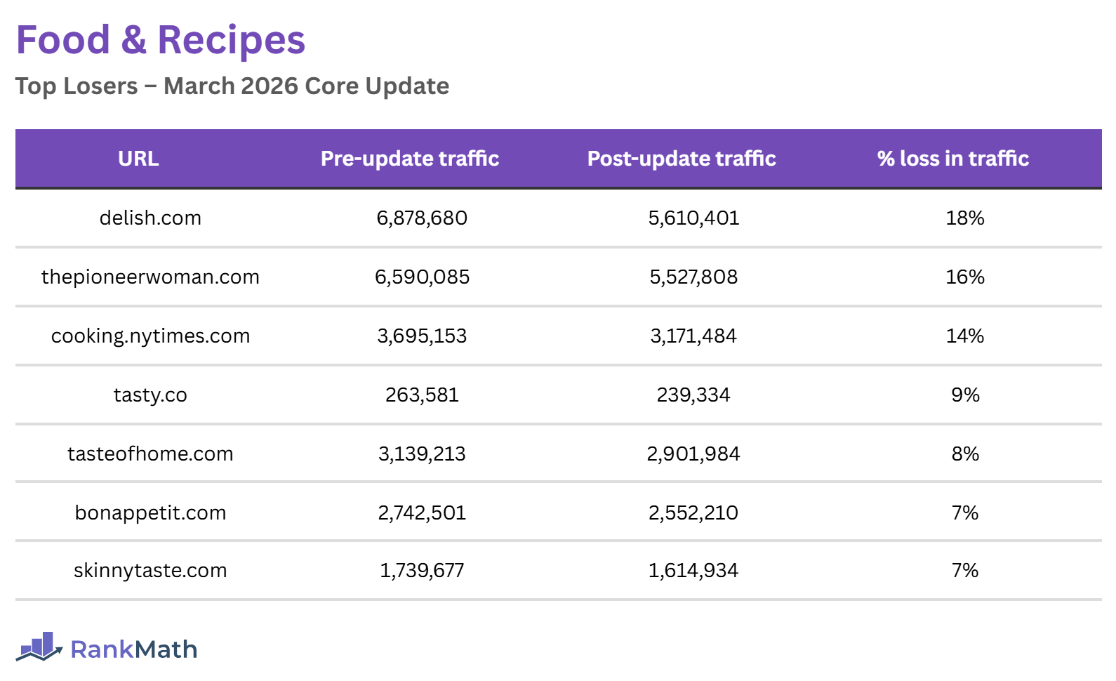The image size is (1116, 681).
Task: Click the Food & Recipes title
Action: (161, 40)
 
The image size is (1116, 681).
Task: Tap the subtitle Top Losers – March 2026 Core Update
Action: (232, 86)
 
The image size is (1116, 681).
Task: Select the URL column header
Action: (138, 159)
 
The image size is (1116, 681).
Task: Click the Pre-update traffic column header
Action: (410, 159)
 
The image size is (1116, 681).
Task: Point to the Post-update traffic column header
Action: (682, 159)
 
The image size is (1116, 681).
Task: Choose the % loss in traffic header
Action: (952, 159)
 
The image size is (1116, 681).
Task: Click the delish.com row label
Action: (150, 218)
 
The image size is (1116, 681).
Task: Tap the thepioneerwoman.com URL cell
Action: (150, 277)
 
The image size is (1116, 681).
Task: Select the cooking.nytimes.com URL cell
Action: (150, 336)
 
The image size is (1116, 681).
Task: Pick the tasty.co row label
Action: (150, 395)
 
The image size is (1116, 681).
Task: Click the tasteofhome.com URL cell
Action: (150, 454)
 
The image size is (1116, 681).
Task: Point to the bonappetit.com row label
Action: (150, 513)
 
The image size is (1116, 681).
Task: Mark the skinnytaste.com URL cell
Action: (150, 571)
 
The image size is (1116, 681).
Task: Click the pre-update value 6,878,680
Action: (422, 218)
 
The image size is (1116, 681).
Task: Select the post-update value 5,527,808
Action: (693, 277)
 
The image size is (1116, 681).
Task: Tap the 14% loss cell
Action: (965, 336)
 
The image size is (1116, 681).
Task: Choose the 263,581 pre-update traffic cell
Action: (422, 395)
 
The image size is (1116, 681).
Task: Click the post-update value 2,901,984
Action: (693, 454)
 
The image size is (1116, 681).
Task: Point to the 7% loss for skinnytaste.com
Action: (965, 571)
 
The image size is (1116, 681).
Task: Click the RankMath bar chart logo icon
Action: (39, 647)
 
